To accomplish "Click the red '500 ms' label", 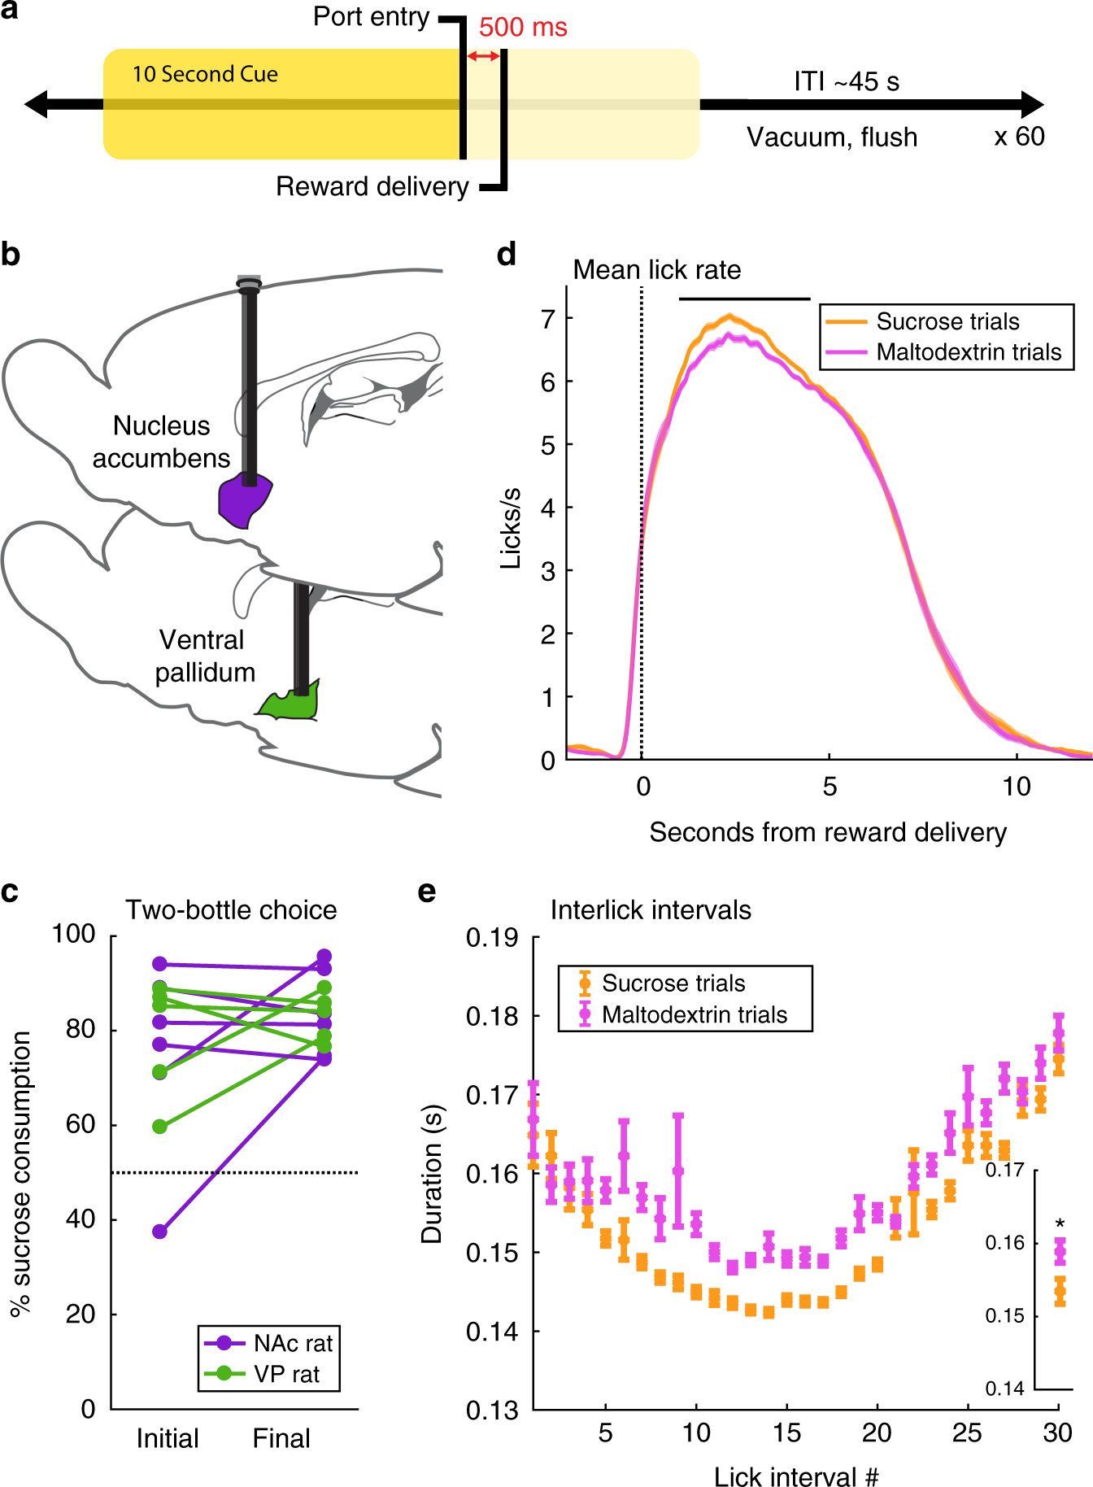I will (523, 27).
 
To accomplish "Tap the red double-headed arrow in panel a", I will (484, 56).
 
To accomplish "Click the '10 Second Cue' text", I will (205, 74).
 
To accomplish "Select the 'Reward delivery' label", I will (372, 186).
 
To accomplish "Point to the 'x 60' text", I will (1019, 136).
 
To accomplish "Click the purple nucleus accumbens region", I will (244, 500).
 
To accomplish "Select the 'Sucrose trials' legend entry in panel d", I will (947, 321).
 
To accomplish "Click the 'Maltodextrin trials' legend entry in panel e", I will (694, 1014).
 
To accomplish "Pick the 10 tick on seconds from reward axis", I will (1016, 786).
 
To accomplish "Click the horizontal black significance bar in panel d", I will (744, 299).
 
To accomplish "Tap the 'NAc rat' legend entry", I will (293, 1343).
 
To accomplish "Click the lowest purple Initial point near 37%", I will (160, 1232).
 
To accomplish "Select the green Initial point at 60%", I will (160, 1127).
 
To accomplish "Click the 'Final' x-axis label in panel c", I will (281, 1438).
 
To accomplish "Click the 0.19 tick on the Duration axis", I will (492, 938).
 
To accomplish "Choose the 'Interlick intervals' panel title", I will (651, 909).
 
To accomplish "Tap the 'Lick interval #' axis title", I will (795, 1476).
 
